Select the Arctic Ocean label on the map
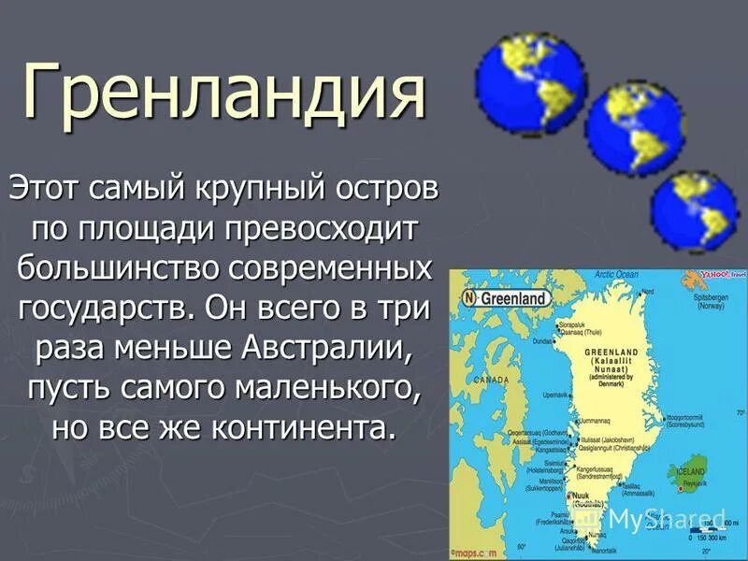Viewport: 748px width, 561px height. point(616,275)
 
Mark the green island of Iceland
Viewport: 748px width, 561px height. point(690,477)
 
